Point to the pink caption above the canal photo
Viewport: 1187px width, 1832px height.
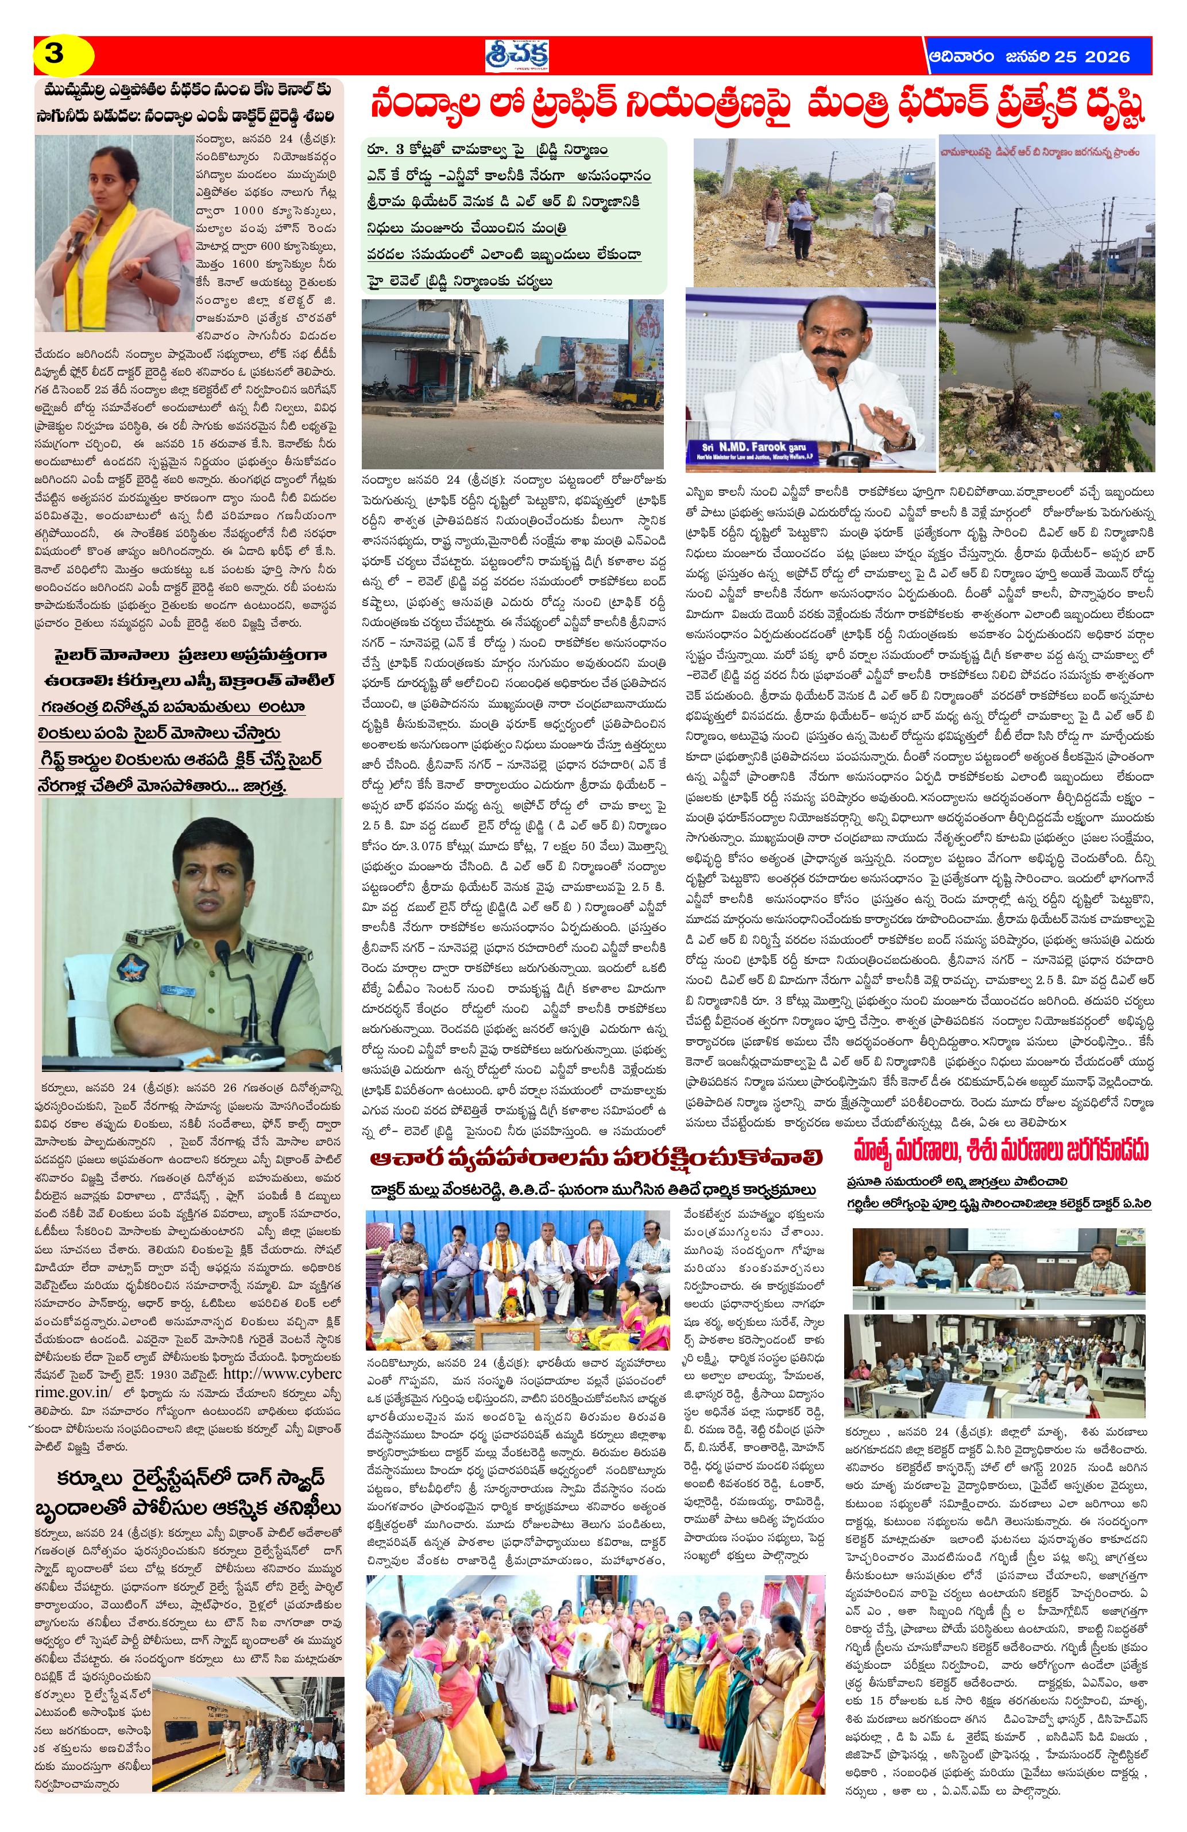pyautogui.click(x=1047, y=152)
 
